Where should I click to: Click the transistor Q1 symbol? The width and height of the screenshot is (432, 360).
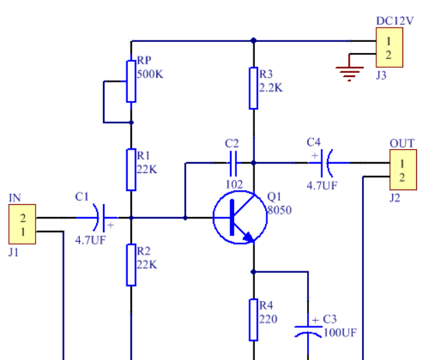[240, 218]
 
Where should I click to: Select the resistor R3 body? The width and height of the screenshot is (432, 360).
[253, 87]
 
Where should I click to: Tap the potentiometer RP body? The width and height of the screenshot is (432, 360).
[130, 80]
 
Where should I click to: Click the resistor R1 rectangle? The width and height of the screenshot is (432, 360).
[130, 170]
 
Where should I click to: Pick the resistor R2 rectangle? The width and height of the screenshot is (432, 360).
[130, 265]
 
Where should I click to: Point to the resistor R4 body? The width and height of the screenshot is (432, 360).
[253, 319]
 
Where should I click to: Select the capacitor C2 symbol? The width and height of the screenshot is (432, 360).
[232, 163]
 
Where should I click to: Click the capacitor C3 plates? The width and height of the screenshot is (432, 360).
[307, 330]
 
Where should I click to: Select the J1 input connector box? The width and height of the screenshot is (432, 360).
[22, 225]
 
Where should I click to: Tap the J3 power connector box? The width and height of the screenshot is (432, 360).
[389, 47]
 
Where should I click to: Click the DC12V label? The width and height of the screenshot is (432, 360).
[395, 21]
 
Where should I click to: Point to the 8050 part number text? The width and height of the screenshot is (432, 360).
[280, 210]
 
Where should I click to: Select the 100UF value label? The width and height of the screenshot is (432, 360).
[339, 333]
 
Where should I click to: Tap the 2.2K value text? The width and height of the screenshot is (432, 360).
[271, 88]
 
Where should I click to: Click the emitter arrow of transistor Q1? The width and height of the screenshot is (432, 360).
[247, 237]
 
